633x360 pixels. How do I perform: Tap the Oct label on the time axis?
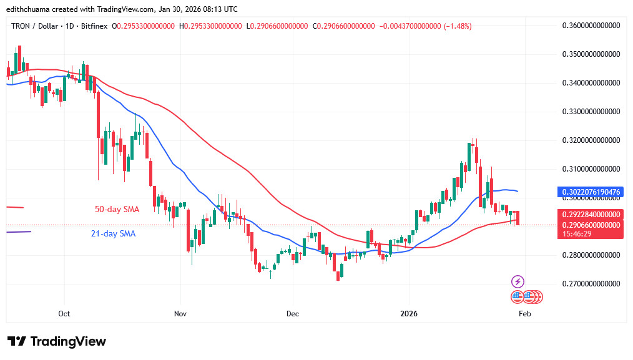[x=64, y=314]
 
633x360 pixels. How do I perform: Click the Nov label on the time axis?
[x=180, y=314]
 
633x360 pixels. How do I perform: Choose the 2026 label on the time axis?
[x=408, y=314]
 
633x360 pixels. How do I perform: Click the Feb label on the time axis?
[x=524, y=314]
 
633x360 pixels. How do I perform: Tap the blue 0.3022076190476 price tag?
[x=589, y=192]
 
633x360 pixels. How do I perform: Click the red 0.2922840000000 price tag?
[x=589, y=214]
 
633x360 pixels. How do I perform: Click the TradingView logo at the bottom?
[x=57, y=341]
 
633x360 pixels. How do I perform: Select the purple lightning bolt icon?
[x=518, y=281]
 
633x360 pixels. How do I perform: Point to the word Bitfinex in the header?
[x=94, y=26]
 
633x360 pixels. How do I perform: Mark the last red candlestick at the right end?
[x=518, y=218]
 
